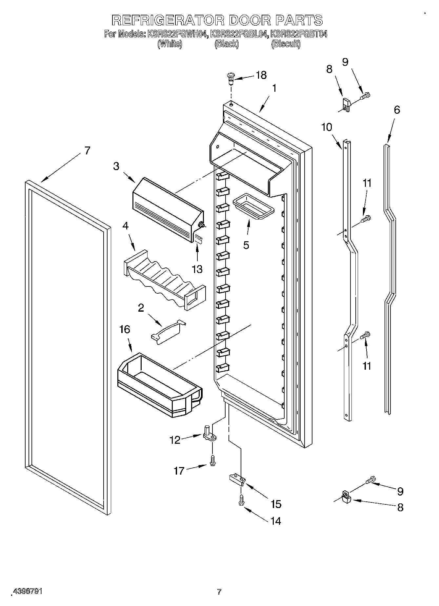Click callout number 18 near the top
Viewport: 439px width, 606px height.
pyautogui.click(x=261, y=75)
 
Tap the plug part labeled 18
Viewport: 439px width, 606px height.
pyautogui.click(x=231, y=78)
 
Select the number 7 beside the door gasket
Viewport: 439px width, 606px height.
pyautogui.click(x=87, y=151)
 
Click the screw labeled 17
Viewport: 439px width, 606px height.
pyautogui.click(x=212, y=460)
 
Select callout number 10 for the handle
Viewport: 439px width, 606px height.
pyautogui.click(x=327, y=127)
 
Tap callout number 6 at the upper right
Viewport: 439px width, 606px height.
pyautogui.click(x=397, y=110)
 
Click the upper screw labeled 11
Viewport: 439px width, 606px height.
pyautogui.click(x=366, y=219)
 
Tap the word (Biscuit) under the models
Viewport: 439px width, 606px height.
pyautogui.click(x=286, y=44)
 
